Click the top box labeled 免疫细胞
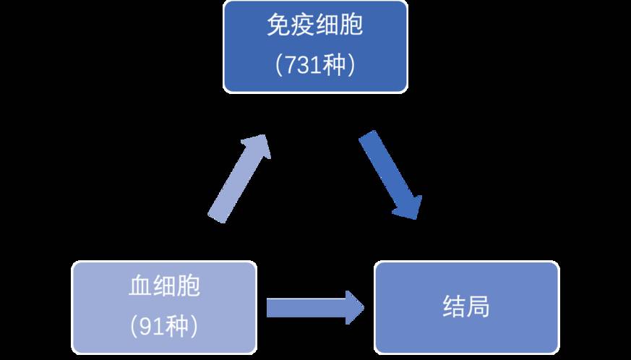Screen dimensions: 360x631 click(315, 46)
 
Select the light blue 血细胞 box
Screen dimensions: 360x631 click(164, 307)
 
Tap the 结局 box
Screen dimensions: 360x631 click(466, 307)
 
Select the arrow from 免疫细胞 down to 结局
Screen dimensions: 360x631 click(390, 173)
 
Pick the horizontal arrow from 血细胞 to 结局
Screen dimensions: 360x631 click(315, 307)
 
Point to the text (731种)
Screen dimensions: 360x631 click(315, 66)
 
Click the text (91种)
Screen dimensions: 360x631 click(164, 327)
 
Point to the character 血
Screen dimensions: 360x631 click(140, 288)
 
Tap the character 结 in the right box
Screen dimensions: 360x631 click(454, 307)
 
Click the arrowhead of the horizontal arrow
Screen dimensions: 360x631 click(352, 307)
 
